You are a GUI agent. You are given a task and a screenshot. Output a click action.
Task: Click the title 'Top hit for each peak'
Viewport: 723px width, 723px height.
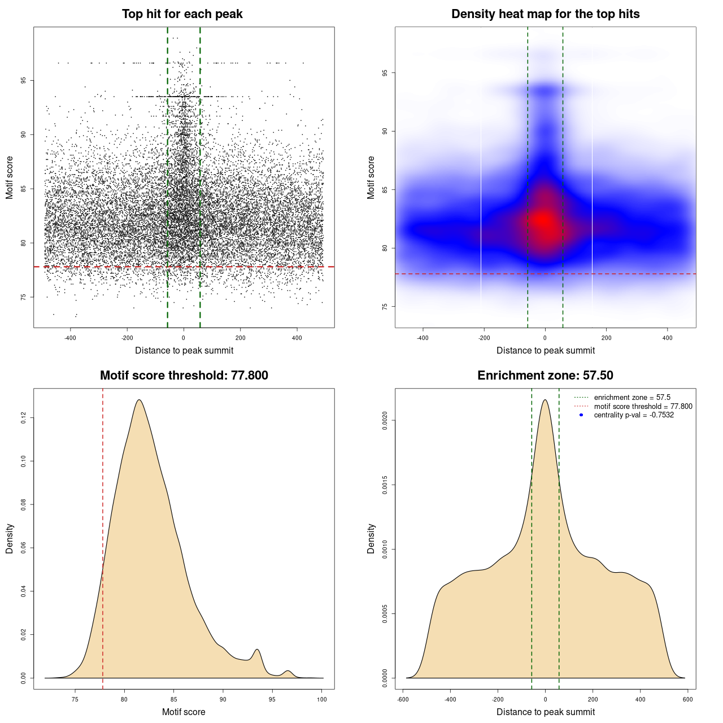(x=182, y=14)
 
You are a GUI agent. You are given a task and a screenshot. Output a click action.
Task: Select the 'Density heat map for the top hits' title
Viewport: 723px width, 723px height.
(x=545, y=14)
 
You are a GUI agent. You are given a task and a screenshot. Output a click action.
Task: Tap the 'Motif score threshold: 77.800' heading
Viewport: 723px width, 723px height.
(x=184, y=376)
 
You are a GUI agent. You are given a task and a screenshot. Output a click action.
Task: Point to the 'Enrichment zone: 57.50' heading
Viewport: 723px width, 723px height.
(x=545, y=376)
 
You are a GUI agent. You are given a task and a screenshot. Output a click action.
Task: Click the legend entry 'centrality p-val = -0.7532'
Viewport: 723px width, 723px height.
(x=634, y=415)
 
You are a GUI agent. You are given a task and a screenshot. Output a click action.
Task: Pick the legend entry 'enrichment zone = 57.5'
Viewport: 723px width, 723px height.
(x=632, y=398)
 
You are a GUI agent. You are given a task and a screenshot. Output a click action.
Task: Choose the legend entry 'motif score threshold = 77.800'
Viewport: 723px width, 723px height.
(x=643, y=407)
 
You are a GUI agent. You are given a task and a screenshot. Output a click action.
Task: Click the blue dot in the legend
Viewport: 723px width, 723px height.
(x=581, y=415)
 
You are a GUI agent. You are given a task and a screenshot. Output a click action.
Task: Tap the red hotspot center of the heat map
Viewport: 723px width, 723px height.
(x=544, y=221)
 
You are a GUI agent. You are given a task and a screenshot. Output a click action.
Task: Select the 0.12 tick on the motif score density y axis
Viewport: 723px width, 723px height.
(x=24, y=418)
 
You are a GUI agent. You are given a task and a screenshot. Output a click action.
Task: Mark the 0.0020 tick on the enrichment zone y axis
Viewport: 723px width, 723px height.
(x=385, y=420)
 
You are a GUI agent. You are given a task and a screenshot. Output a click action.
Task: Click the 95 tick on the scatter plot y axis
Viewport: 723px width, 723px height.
(x=24, y=81)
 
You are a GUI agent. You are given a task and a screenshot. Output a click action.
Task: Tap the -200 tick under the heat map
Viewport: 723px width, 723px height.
(x=484, y=338)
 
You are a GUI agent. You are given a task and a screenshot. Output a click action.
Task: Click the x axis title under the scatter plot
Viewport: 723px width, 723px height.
(x=184, y=350)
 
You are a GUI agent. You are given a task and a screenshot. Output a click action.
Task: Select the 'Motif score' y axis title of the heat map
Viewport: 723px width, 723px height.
(x=371, y=177)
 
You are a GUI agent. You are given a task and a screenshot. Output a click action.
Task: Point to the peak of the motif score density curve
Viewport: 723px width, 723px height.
(x=138, y=400)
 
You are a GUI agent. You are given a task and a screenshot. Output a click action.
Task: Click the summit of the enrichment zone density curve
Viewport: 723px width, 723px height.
(x=545, y=400)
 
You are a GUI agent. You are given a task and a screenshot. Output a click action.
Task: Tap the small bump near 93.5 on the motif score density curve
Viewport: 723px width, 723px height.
(x=257, y=650)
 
